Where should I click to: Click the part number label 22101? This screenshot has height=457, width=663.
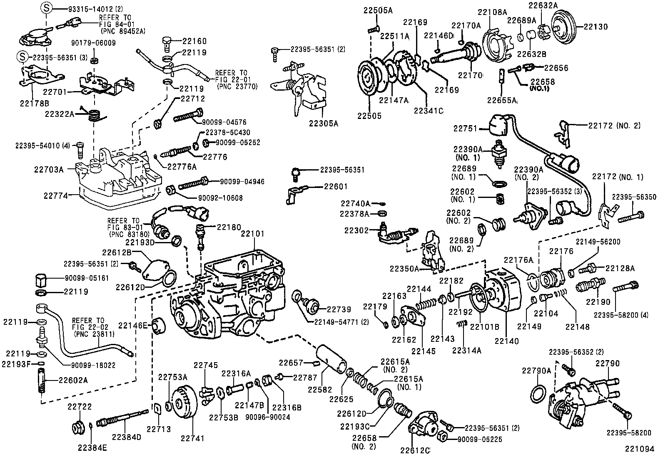tap(252, 235)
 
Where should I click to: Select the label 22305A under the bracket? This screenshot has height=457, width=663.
tap(323, 123)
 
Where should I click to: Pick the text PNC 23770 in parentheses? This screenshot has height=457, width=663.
tap(237, 86)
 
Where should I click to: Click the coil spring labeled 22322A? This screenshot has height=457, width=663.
tap(96, 114)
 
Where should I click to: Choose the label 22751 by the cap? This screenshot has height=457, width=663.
tap(465, 129)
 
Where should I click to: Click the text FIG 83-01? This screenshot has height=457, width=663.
tap(125, 227)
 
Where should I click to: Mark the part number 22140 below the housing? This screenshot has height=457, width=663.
tap(507, 341)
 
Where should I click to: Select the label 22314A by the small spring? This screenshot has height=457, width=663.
tap(466, 351)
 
